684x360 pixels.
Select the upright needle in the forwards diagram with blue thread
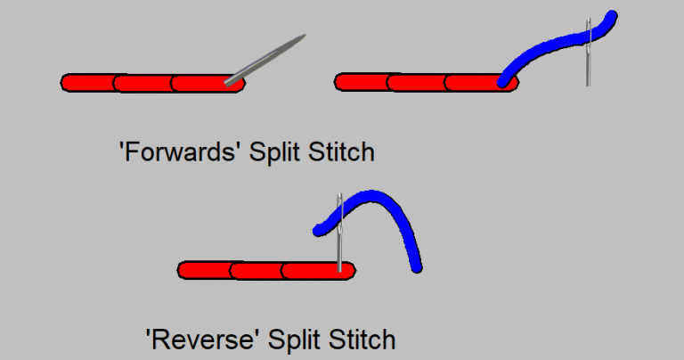(588, 53)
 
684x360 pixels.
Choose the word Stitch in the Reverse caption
(361, 340)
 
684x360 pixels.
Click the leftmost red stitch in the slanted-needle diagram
(89, 82)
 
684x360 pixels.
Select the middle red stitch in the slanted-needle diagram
(144, 83)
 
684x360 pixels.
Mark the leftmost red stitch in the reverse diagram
(205, 269)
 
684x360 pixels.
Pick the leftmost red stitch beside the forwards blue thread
(362, 82)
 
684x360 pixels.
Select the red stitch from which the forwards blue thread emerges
(474, 83)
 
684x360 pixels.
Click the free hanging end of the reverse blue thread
(416, 265)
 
